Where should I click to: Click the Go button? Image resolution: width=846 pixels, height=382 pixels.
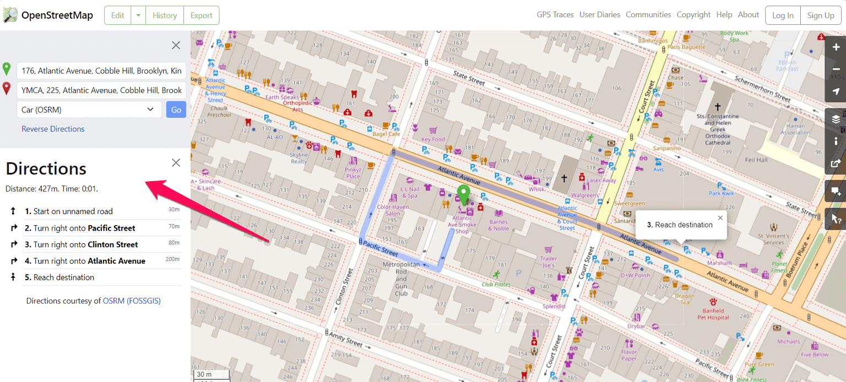tap(176, 110)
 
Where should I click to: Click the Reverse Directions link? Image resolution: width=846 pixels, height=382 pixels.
tap(53, 129)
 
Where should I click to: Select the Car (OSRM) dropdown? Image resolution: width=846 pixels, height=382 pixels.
tap(89, 110)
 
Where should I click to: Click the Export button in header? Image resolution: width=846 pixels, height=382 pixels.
tap(201, 15)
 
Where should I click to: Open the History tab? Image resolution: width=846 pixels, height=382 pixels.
tap(164, 15)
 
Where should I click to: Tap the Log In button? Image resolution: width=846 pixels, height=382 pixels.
tap(782, 15)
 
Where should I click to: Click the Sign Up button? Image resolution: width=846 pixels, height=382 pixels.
tap(820, 15)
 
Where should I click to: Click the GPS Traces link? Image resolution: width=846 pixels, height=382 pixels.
tap(555, 15)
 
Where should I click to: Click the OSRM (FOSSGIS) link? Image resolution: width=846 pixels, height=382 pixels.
tap(132, 301)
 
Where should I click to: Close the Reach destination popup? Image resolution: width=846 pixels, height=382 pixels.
tap(720, 217)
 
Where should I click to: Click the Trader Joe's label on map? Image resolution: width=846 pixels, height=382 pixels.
tap(548, 261)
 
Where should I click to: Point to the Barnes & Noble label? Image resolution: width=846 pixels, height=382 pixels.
tap(498, 225)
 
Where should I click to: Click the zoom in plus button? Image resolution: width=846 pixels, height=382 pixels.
tap(836, 48)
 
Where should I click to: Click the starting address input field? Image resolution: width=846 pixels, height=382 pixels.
tap(101, 70)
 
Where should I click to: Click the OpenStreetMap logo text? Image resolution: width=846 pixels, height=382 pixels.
tap(57, 15)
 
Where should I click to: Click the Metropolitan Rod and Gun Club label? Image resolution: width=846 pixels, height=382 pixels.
tap(401, 279)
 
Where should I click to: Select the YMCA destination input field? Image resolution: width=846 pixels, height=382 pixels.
tap(101, 90)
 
